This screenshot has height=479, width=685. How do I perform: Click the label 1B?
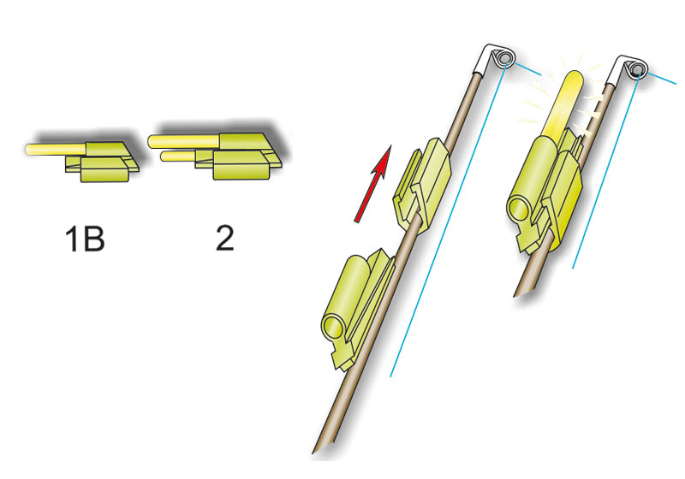(84, 239)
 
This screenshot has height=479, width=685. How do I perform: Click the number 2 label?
(225, 238)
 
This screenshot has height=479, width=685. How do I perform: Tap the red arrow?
(372, 184)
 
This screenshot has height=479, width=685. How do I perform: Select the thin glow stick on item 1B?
(56, 149)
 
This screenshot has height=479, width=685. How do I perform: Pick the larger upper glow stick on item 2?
(183, 141)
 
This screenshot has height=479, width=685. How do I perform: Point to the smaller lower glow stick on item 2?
(178, 156)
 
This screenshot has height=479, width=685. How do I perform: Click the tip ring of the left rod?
(505, 58)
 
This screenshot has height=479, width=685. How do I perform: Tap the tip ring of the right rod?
(639, 69)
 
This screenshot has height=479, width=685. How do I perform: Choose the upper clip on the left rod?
(422, 186)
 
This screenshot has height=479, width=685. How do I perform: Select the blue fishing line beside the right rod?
(606, 171)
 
